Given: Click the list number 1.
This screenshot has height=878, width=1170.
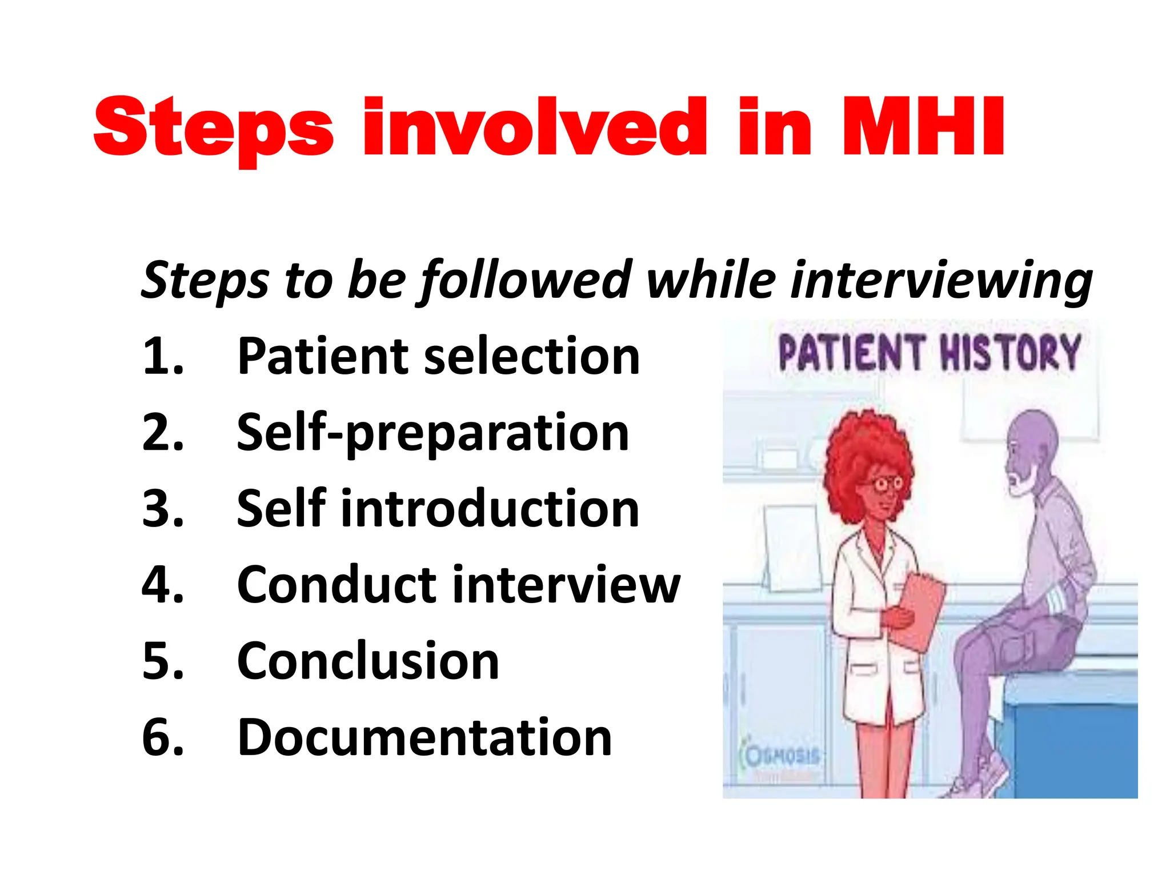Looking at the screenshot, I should click(x=162, y=356).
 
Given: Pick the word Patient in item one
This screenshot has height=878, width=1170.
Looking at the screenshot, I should click(x=323, y=356).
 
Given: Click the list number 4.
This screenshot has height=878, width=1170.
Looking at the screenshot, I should click(x=162, y=585).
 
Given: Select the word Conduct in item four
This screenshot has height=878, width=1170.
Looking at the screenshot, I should click(x=337, y=585).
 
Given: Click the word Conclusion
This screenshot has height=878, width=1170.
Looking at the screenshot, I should click(x=368, y=661).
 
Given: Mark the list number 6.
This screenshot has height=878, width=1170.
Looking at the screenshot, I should click(x=162, y=737).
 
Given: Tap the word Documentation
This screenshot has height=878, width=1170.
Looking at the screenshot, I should click(x=424, y=737).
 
